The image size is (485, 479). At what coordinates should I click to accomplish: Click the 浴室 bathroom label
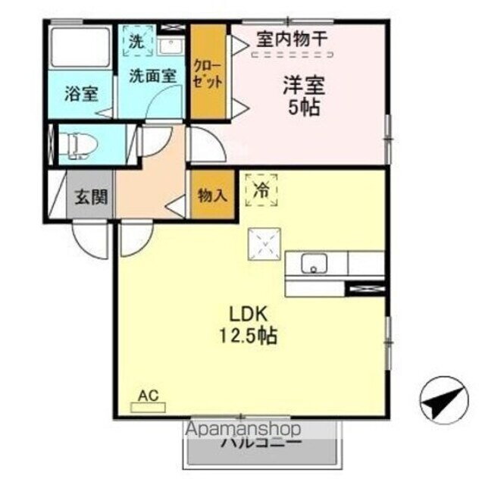pos(81,94)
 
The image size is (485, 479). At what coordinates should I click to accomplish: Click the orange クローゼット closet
pos(208,73)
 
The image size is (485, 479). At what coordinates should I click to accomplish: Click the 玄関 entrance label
pos(91,197)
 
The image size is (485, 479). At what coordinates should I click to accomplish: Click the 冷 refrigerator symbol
pos(261,189)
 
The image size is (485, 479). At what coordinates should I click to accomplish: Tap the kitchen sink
pos(312,264)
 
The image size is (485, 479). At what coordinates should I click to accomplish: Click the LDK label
pos(246,313)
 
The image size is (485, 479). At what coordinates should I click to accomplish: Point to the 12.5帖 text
pos(246,334)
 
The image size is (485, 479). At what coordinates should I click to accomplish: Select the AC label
pos(148,395)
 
